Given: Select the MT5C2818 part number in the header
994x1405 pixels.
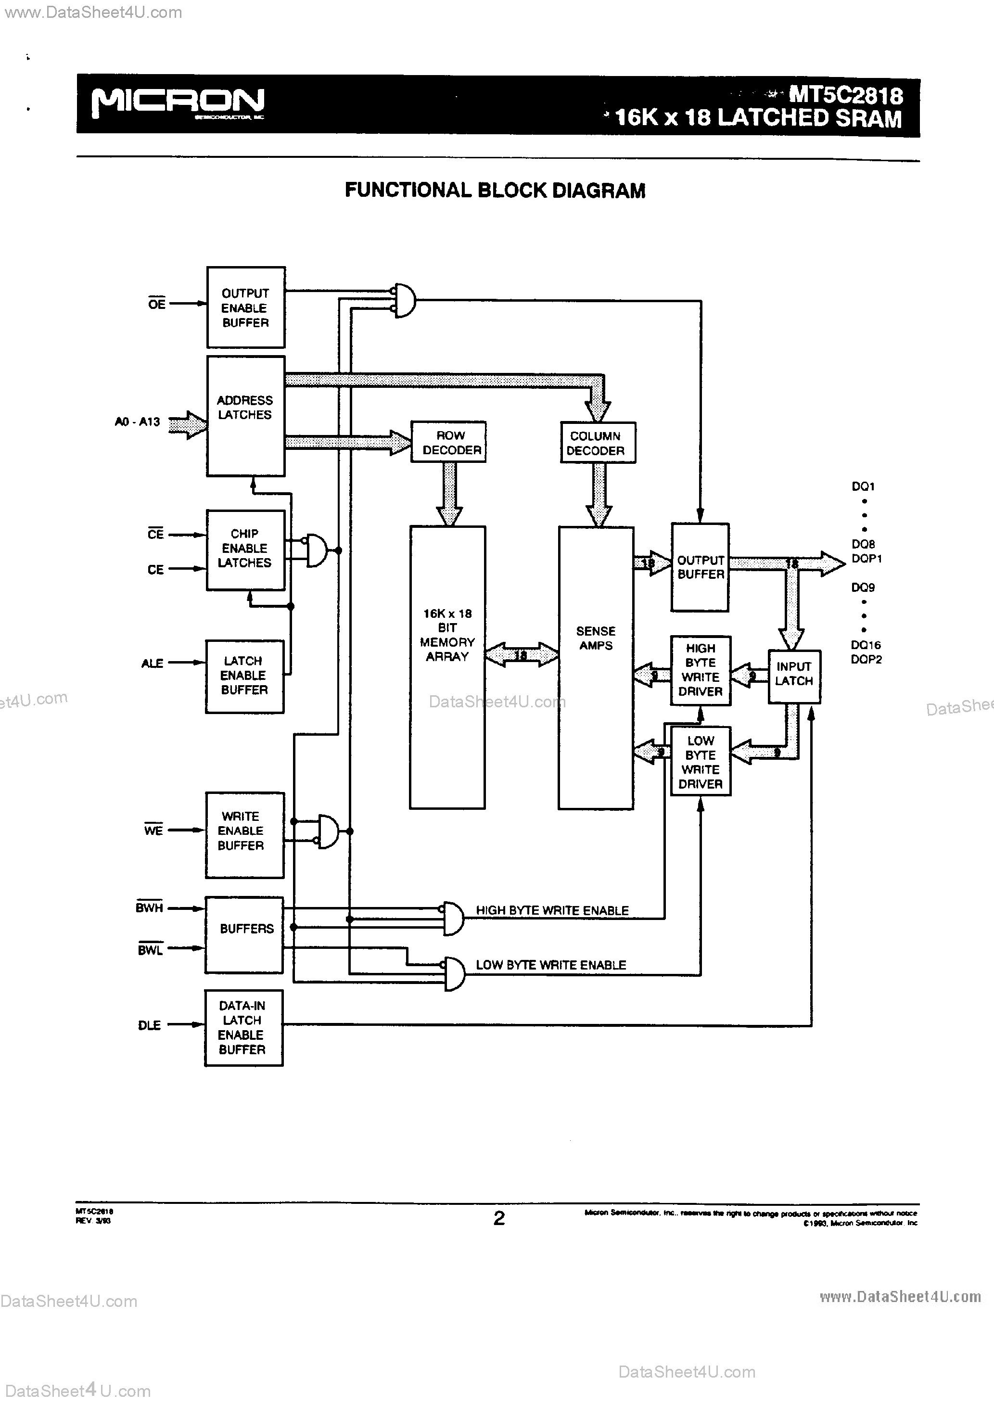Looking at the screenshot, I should point(845,95).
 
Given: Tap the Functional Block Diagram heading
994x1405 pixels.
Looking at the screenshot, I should point(495,191).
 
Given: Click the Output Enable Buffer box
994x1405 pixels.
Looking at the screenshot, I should point(245,307).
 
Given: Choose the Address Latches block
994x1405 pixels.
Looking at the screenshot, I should point(245,416).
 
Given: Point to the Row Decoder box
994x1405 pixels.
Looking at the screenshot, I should point(448,442).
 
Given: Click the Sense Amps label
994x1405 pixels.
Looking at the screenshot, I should point(596,638).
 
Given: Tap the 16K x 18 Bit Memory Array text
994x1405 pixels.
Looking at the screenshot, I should point(447,635).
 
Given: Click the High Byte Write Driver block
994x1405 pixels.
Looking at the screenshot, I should point(700,670).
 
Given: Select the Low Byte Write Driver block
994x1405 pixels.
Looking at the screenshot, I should point(700,762).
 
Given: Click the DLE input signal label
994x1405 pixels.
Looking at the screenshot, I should point(149,1025).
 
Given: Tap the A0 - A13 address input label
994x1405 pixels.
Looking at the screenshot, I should point(137,421).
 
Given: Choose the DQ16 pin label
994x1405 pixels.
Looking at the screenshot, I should point(866,645).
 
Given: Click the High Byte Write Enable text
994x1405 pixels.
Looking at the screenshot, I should point(552,910).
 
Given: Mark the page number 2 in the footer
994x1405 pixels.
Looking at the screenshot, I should point(499,1218).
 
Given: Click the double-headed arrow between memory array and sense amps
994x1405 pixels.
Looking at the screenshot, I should point(522,655).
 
